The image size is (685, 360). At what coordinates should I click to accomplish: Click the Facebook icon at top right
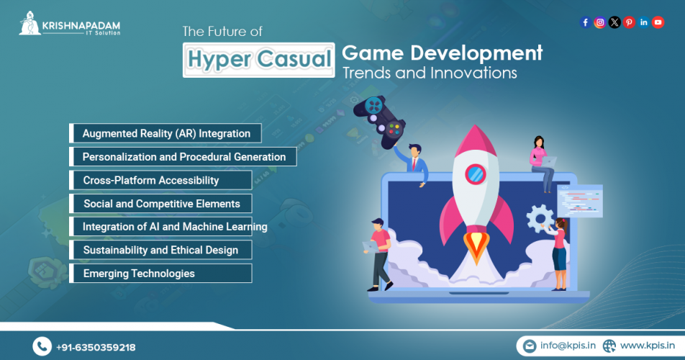pos(585,22)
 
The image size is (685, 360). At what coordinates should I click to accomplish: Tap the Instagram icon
pos(599,22)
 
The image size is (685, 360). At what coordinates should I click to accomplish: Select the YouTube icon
pos(658,22)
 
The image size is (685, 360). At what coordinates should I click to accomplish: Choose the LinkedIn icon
pos(643,22)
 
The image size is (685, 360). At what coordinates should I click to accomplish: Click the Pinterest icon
pos(629,22)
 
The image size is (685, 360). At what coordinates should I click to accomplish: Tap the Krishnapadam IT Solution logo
pos(70,24)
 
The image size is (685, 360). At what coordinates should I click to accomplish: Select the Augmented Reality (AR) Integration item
pos(165,133)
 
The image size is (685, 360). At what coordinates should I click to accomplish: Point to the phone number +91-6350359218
pos(96,347)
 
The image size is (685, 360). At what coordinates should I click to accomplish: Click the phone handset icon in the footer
pos(42,347)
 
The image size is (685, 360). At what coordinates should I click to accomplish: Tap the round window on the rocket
pos(475,174)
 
